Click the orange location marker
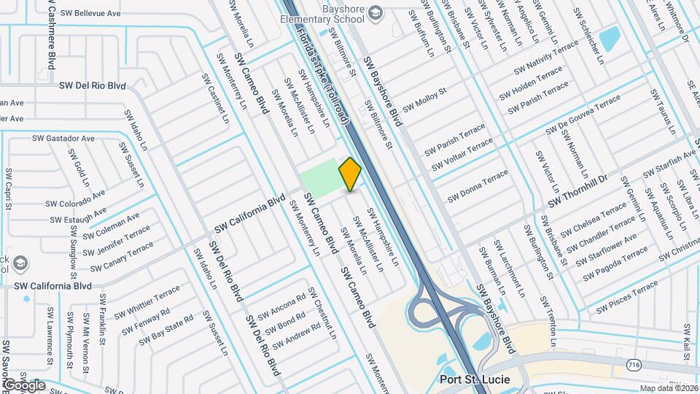point(351,174)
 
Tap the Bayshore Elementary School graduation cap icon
point(375,12)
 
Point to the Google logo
point(23,385)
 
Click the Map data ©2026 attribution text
point(668,388)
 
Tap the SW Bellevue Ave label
point(90,13)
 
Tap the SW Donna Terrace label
point(478,186)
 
